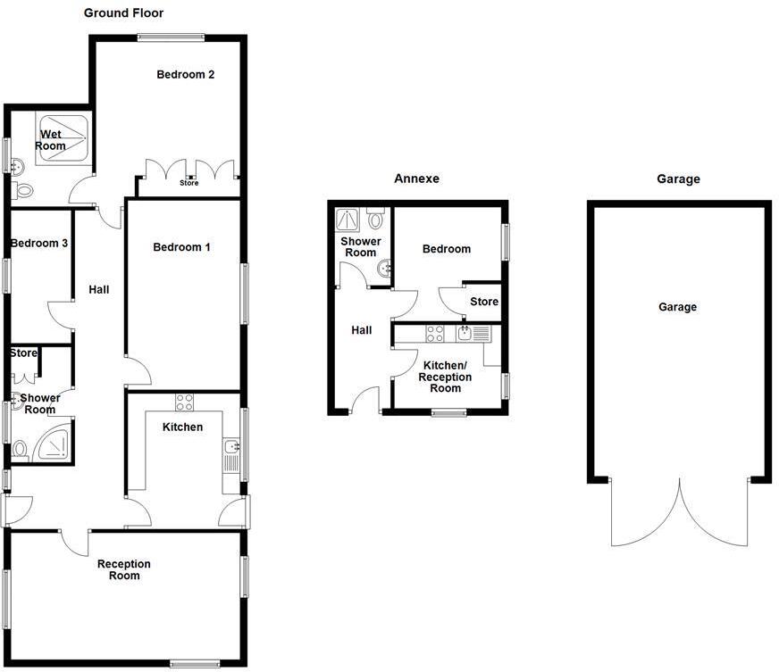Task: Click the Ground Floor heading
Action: tap(123, 12)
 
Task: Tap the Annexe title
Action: tap(417, 178)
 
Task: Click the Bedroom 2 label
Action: tap(185, 74)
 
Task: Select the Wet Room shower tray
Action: tap(63, 138)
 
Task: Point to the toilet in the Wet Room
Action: tap(21, 189)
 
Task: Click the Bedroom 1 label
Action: tap(181, 247)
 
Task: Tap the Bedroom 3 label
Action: tap(38, 244)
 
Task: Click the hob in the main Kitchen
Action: tap(184, 402)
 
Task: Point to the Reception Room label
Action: tap(123, 569)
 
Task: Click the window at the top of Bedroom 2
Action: tap(172, 37)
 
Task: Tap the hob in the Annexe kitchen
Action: tap(435, 334)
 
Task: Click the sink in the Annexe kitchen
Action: tap(465, 333)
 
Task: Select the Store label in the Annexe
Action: tap(484, 302)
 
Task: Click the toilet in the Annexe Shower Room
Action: tap(375, 218)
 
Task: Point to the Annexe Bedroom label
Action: tap(447, 249)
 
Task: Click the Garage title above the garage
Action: tap(678, 179)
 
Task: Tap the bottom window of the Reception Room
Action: tap(195, 664)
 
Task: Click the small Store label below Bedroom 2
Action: tap(188, 183)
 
